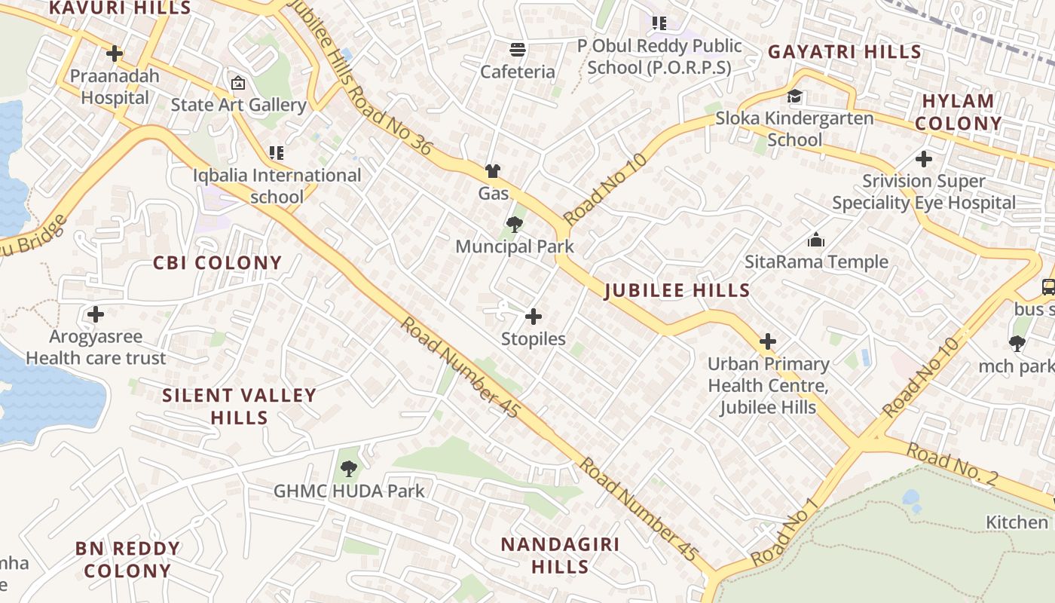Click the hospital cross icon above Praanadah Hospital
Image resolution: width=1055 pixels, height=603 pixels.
point(115,54)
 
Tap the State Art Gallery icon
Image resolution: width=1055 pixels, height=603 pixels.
point(238,82)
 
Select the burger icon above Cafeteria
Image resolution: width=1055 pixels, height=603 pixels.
point(518,50)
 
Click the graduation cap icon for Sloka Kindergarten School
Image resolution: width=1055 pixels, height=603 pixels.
point(794,96)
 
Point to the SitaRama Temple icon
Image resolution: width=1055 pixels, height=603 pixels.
point(816,240)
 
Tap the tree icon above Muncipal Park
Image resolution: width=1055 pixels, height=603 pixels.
point(515,224)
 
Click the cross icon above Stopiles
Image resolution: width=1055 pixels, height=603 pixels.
point(534,317)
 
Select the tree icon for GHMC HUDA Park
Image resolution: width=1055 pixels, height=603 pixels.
point(348,469)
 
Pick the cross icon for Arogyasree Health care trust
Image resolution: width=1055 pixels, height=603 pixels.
point(96,314)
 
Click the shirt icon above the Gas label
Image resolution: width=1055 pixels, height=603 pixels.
point(493,171)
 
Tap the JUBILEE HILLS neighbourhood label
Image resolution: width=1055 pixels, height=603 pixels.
point(677,291)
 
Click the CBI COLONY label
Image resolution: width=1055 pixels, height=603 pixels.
point(217,263)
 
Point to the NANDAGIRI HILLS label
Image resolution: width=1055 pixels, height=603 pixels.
point(559,556)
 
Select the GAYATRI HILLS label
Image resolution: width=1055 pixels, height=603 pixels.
point(844,52)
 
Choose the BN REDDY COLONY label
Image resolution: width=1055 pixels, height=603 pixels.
point(127,559)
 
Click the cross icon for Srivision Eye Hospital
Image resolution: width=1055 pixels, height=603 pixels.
point(923,159)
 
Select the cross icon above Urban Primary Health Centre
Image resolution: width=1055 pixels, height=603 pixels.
point(768,341)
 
